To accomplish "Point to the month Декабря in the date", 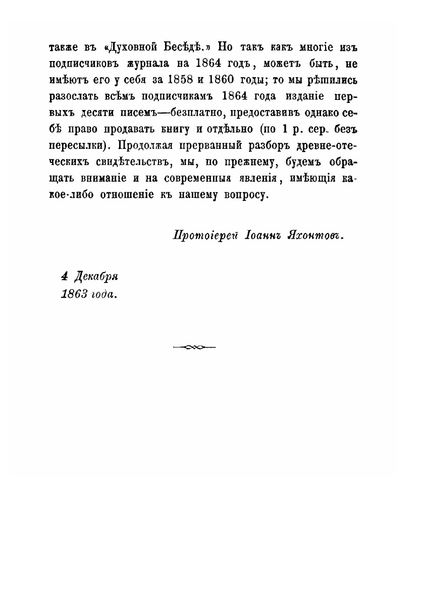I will tap(96, 277).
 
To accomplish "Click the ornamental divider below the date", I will tap(193, 347).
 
